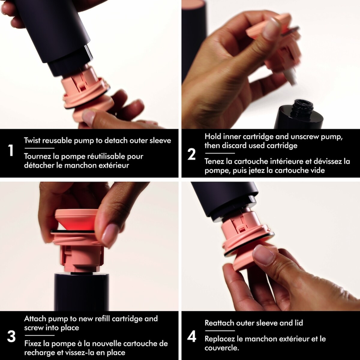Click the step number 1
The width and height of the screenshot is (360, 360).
point(11,150)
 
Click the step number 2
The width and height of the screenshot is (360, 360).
point(191,154)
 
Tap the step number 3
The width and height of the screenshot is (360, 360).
point(11,337)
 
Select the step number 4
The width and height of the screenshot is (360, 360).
point(192,336)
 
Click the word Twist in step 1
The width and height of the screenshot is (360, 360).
point(32,140)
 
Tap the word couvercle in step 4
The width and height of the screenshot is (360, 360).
point(221,348)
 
